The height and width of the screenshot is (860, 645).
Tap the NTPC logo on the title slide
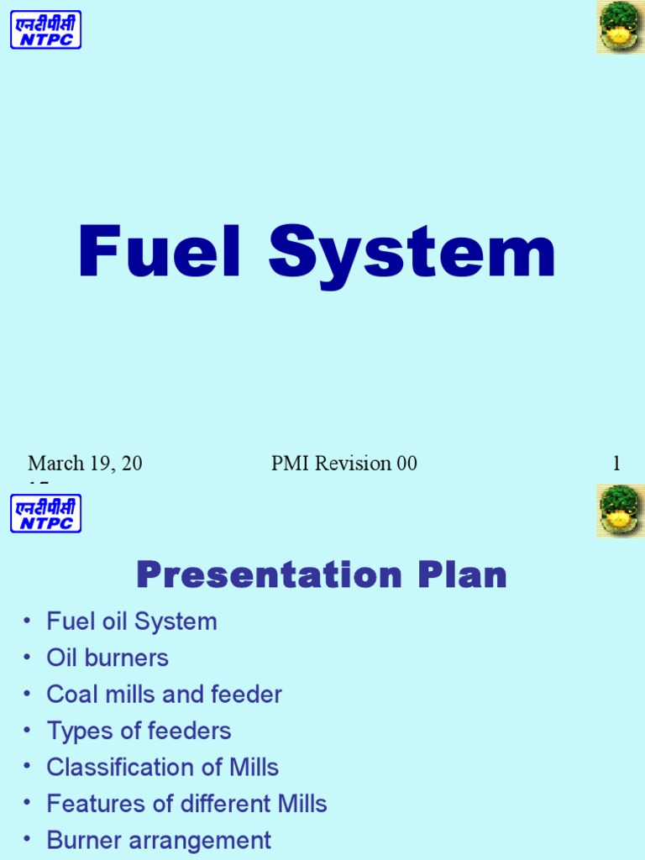click(x=45, y=29)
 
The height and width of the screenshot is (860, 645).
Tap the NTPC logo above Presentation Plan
click(x=45, y=513)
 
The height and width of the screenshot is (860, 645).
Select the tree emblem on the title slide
click(x=620, y=27)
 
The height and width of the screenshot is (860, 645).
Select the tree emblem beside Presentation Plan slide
click(x=620, y=511)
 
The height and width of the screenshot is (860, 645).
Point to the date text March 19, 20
click(x=85, y=464)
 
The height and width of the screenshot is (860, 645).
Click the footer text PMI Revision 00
click(x=343, y=464)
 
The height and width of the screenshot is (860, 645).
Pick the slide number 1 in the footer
click(x=616, y=464)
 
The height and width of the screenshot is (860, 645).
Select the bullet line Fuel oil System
click(x=132, y=621)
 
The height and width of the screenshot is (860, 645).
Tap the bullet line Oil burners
click(x=107, y=658)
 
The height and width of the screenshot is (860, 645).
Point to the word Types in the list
click(x=78, y=731)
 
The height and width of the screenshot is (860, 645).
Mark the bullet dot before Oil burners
click(x=28, y=658)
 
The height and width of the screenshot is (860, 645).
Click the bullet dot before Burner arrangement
click(x=28, y=841)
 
